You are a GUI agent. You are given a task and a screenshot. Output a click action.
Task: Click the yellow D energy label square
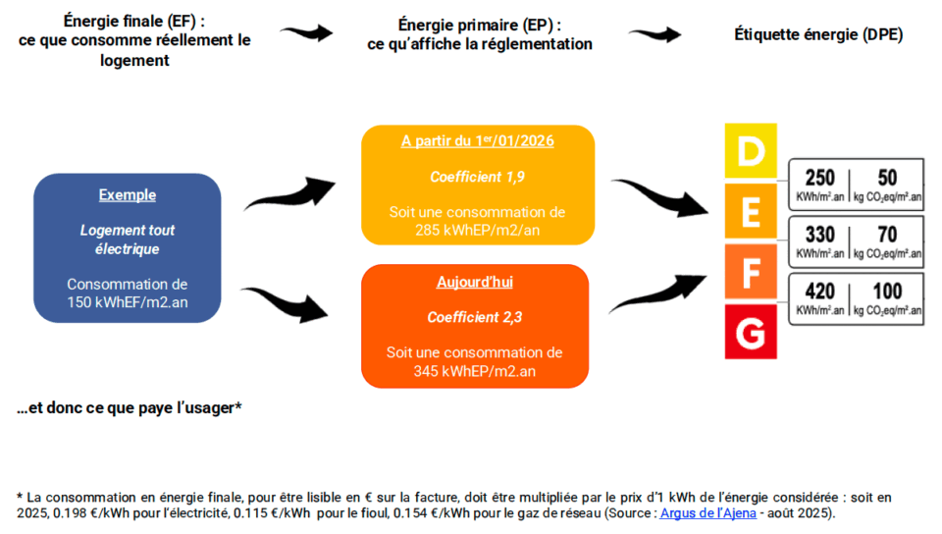pos(750,150)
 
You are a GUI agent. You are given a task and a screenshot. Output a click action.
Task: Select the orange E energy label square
pos(750,210)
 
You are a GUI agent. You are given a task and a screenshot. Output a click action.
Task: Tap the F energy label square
pos(750,271)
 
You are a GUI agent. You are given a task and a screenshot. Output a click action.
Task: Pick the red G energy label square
pos(750,332)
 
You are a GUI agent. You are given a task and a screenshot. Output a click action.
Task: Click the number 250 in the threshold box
pos(819,178)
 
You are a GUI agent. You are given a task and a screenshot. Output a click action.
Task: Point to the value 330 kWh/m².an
pos(819,237)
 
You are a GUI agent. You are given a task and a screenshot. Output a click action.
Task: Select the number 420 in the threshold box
pos(819,293)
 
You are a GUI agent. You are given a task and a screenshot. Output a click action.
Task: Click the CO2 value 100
pos(888,293)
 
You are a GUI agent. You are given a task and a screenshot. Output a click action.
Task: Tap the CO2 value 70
pos(888,237)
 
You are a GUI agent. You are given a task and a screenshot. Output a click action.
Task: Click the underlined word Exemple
pos(127,195)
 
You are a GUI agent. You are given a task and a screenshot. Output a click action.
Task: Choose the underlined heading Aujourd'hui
pos(474,282)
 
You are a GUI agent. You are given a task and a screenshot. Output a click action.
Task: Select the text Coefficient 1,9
pos(477,177)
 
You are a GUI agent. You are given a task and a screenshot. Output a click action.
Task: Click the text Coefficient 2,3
pos(474,317)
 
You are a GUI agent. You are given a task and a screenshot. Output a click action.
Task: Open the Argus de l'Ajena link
pos(707,513)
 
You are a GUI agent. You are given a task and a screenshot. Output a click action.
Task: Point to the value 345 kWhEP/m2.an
pos(474,371)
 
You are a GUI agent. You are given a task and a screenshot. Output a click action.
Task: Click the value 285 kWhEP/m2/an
pos(477,231)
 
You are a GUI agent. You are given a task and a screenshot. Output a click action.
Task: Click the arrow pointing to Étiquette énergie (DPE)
pos(654,35)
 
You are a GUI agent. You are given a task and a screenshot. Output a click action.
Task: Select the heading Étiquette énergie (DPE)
pos(818,35)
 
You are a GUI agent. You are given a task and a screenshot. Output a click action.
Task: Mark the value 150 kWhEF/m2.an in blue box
pos(127,302)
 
